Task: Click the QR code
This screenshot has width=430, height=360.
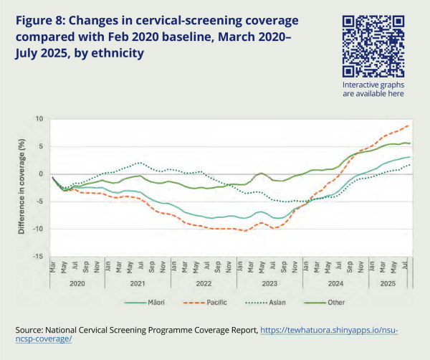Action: [372, 47]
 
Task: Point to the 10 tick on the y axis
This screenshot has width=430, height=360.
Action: [40, 119]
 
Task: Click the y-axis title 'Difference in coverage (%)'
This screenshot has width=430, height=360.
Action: [22, 188]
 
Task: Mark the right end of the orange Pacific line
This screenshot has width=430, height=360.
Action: [409, 125]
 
